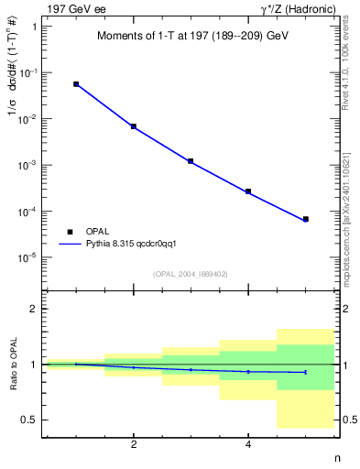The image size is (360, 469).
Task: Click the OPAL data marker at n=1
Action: tap(76, 84)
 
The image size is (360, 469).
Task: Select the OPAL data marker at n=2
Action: tap(134, 126)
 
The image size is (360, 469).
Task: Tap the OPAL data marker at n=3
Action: tap(191, 161)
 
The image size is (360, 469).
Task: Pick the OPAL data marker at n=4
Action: tap(248, 191)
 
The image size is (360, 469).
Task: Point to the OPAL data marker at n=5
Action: tap(305, 219)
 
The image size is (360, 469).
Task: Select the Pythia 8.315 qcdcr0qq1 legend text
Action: tap(124, 245)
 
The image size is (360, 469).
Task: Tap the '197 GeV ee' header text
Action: tap(72, 7)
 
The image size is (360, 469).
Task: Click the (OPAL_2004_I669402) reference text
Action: tap(191, 274)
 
